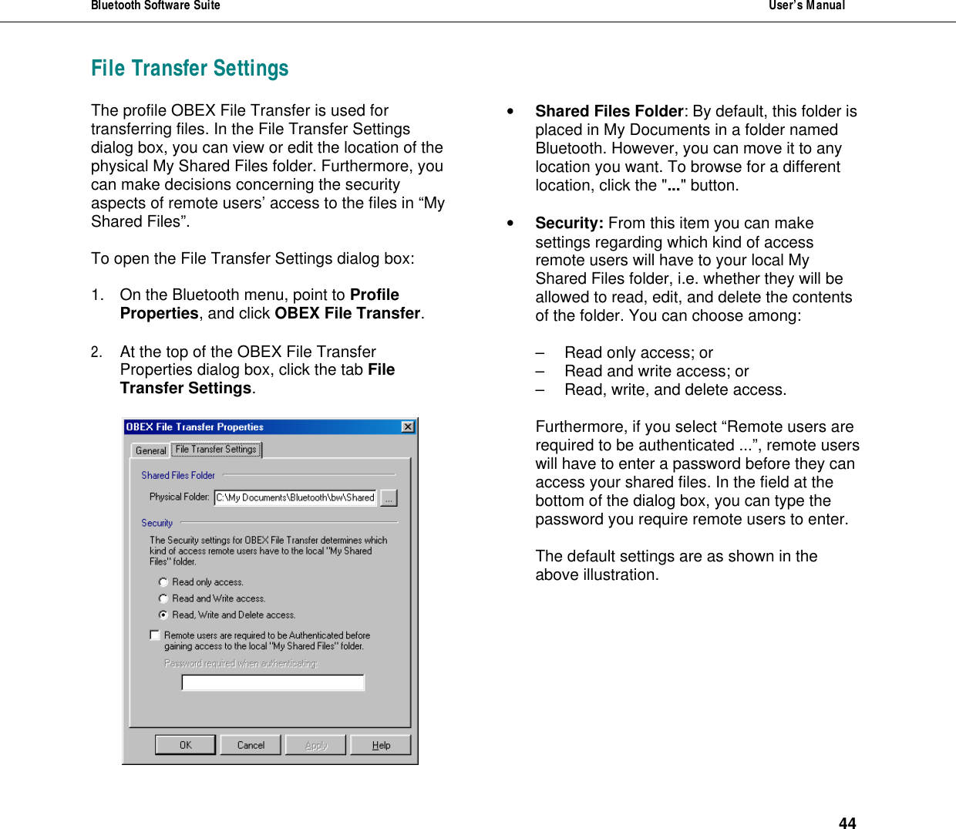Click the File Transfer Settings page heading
(190, 69)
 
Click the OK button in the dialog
(186, 745)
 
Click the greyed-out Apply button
(316, 745)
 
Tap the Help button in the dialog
(381, 745)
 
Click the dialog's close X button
(408, 427)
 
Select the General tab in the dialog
(150, 450)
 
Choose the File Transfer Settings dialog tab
(216, 449)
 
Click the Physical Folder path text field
(295, 497)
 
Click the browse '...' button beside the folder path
(389, 498)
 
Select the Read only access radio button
(163, 582)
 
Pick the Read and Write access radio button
(163, 598)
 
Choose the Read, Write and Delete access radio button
(163, 615)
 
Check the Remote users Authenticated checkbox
(155, 635)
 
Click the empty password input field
(273, 682)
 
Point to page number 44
(847, 823)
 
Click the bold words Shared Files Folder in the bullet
(609, 111)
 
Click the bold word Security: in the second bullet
(569, 223)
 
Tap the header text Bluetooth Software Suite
(155, 5)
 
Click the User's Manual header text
(806, 5)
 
